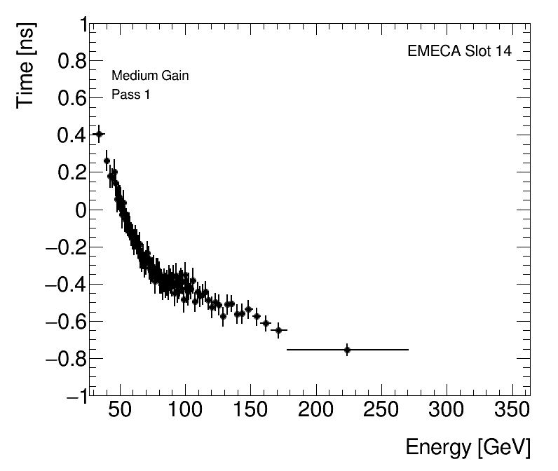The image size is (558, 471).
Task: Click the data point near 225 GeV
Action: point(347,349)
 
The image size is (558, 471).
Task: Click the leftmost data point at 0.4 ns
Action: point(99,134)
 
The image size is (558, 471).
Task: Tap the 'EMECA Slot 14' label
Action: point(459,53)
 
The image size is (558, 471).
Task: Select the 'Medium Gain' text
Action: point(150,76)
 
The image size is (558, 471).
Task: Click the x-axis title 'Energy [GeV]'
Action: point(468,447)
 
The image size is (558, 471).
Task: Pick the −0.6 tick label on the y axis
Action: point(62,322)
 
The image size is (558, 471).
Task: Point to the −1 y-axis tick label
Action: point(74,396)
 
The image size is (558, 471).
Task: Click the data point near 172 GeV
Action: point(278,329)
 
